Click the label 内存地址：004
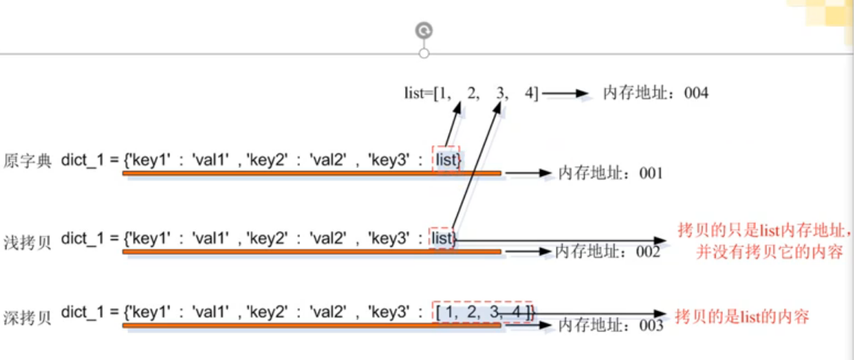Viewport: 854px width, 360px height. pyautogui.click(x=655, y=93)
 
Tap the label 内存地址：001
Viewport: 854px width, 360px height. pyautogui.click(x=610, y=173)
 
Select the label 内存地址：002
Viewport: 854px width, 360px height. pyautogui.click(x=607, y=251)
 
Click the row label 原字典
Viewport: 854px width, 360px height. pyautogui.click(x=28, y=161)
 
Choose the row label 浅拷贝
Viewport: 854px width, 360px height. pyautogui.click(x=28, y=239)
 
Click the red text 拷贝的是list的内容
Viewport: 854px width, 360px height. pyautogui.click(x=741, y=317)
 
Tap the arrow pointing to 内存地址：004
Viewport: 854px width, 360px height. pyautogui.click(x=565, y=93)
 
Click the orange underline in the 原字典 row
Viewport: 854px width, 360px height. pyautogui.click(x=311, y=173)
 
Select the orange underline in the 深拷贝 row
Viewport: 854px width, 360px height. pyautogui.click(x=311, y=324)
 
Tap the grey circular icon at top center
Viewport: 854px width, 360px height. pyautogui.click(x=424, y=30)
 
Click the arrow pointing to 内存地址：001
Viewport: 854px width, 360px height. pyautogui.click(x=527, y=173)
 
